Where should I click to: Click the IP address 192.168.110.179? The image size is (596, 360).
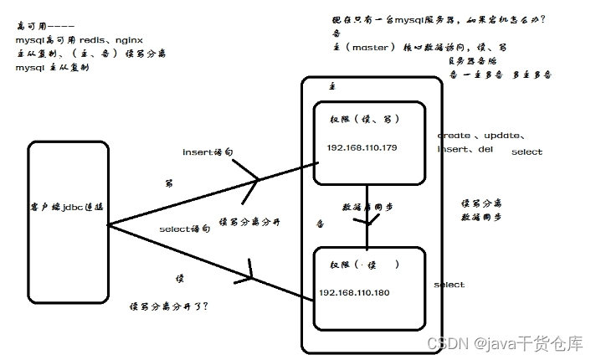363,147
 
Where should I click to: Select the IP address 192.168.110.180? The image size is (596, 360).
354,293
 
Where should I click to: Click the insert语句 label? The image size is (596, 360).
208,152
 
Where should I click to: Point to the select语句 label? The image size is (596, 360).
185,229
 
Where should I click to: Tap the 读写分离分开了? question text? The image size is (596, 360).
169,306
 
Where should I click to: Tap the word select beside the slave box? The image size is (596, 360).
449,285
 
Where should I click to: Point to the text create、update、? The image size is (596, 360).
481,135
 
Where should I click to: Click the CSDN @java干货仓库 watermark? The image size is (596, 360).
505,343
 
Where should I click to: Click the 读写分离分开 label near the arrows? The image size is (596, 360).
249,222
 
